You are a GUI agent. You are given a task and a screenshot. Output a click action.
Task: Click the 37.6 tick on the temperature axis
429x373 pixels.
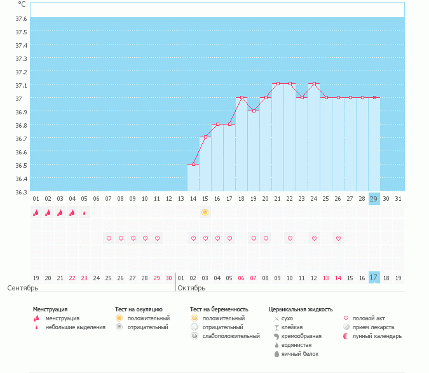point(21,18)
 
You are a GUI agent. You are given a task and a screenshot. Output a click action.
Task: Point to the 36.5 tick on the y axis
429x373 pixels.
point(21,165)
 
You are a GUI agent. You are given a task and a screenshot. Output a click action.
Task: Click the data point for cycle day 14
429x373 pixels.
point(193,165)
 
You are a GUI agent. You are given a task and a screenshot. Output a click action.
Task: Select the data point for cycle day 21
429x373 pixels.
point(278,84)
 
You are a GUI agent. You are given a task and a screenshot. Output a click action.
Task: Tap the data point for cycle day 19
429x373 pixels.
point(254,111)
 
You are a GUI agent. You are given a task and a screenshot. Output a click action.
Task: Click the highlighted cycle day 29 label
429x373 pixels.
point(374,198)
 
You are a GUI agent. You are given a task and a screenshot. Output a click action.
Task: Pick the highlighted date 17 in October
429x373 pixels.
point(374,278)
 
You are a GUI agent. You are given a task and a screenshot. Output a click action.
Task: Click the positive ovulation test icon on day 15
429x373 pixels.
point(205,212)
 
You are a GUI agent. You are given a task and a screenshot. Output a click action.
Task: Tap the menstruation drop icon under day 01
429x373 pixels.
point(36,213)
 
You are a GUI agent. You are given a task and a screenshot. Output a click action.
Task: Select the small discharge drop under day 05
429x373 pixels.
point(85,213)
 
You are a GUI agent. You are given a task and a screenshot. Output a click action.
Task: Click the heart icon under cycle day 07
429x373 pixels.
point(109,238)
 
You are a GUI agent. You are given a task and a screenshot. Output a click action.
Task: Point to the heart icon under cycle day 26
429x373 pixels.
point(338,238)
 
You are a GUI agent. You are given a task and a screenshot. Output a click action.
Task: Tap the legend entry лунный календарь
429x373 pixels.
point(378,336)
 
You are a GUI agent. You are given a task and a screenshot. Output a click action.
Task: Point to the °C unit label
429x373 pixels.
point(22,4)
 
